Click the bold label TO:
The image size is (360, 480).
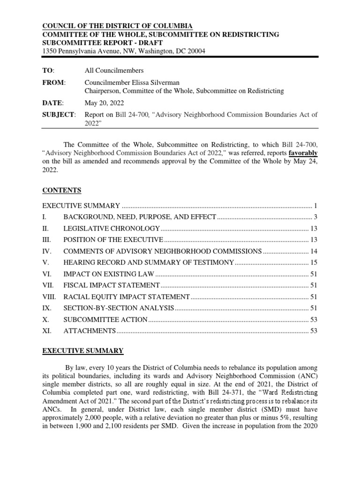(48, 70)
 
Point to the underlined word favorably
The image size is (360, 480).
(303, 153)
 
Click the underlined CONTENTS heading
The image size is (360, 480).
(62, 190)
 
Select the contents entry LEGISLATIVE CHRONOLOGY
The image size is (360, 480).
(112, 228)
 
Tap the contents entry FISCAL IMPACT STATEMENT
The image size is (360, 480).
(112, 285)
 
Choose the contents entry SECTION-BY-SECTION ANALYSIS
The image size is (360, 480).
(119, 308)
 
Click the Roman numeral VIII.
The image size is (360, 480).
(50, 297)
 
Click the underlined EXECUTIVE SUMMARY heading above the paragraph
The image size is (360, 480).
(83, 351)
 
